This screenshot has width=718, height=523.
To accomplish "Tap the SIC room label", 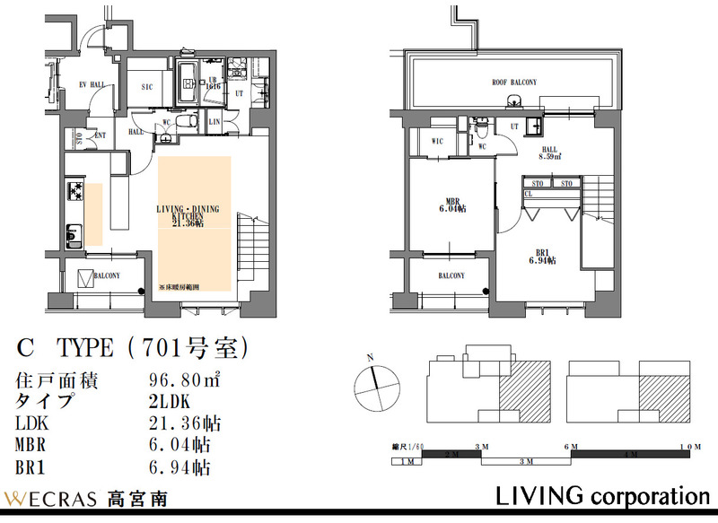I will coord(149,87).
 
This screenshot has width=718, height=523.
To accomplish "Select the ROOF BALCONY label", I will coord(514,83).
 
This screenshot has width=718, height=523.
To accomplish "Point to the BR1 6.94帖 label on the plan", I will coord(542,257).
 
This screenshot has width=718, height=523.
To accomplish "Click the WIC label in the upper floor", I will coord(438,141).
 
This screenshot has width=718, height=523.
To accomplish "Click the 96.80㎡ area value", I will coord(183,380).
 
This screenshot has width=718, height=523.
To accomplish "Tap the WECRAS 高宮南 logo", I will coord(86,498).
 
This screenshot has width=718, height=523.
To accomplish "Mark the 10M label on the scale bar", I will coord(689,446).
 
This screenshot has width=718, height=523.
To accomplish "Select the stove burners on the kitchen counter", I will coord(74,191).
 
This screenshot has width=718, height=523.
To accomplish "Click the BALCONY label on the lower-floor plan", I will coord(106,276).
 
